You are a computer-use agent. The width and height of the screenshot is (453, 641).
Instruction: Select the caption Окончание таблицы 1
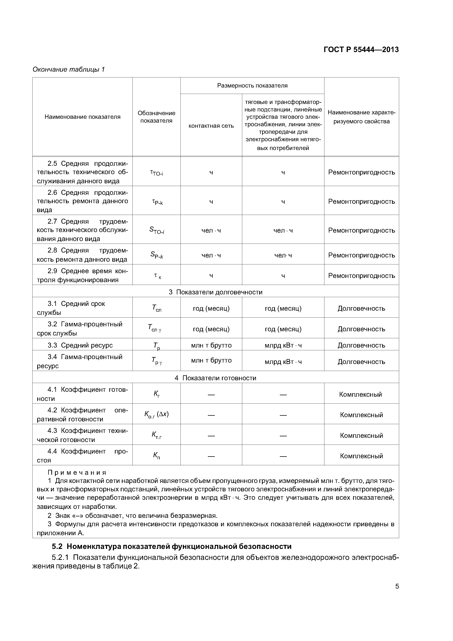[69, 69]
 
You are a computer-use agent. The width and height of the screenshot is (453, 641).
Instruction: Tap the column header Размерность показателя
[252, 86]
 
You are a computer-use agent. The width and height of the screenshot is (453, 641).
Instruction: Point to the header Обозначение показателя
[156, 117]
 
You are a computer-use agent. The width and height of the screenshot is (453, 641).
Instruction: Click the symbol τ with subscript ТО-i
[157, 173]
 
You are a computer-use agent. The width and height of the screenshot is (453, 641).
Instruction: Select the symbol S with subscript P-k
[157, 255]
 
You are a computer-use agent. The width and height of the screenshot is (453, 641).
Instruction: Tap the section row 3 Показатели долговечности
[216, 292]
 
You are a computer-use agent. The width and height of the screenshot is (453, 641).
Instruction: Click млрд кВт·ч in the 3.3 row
[283, 345]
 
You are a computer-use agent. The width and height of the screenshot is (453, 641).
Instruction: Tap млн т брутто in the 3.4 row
[211, 360]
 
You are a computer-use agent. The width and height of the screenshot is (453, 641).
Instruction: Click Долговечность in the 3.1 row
[361, 308]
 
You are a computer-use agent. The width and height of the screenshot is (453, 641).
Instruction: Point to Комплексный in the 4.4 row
[361, 456]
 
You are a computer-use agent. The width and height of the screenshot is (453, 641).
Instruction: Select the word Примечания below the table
[77, 472]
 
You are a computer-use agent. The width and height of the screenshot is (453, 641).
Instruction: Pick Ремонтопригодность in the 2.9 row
[361, 276]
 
